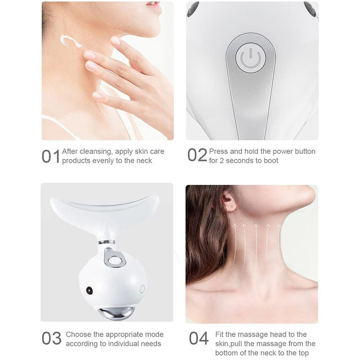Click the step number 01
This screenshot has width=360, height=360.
pos(50,156)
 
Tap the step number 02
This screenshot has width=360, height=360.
pos(197,155)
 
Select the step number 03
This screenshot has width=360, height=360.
pos(51,338)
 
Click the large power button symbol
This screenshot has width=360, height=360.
pos(251,58)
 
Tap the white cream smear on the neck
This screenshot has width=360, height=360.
pos(71,43)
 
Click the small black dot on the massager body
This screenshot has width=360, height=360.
pos(89,290)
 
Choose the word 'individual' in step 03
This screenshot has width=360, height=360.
pos(121,344)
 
